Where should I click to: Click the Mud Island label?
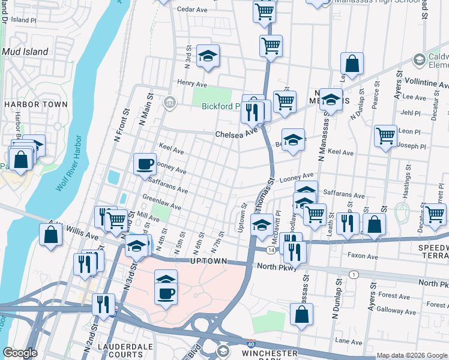tap(25, 52)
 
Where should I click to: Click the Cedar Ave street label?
tap(191, 9)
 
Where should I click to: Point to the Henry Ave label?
tap(191, 83)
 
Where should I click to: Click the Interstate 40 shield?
tap(250, 343)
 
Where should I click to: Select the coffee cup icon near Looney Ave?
tap(145, 164)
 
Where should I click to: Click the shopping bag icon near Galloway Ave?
tap(301, 314)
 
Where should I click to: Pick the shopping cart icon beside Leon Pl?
tap(385, 136)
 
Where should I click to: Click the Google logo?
tap(20, 353)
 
